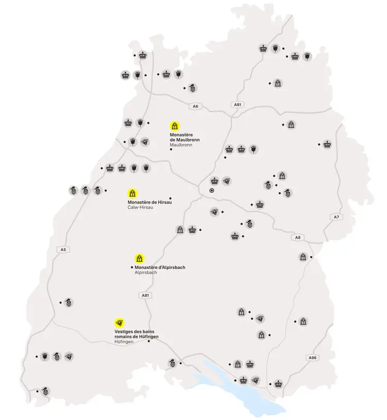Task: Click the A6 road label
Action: pos(195,106)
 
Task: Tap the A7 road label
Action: pos(336,216)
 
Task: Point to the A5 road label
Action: pos(63,250)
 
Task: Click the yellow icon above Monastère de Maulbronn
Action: pos(175,126)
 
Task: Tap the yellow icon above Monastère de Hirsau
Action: pos(132,194)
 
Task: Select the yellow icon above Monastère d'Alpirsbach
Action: pos(139,258)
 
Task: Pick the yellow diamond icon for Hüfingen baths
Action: pos(120,323)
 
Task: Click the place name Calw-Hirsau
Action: pos(141,207)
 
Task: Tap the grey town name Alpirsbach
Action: pos(146,272)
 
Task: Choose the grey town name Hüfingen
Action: pos(124,342)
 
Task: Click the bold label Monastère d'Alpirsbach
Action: pos(159,267)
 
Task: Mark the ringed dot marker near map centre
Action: pos(212,190)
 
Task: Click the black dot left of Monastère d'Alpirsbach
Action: pos(132,267)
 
